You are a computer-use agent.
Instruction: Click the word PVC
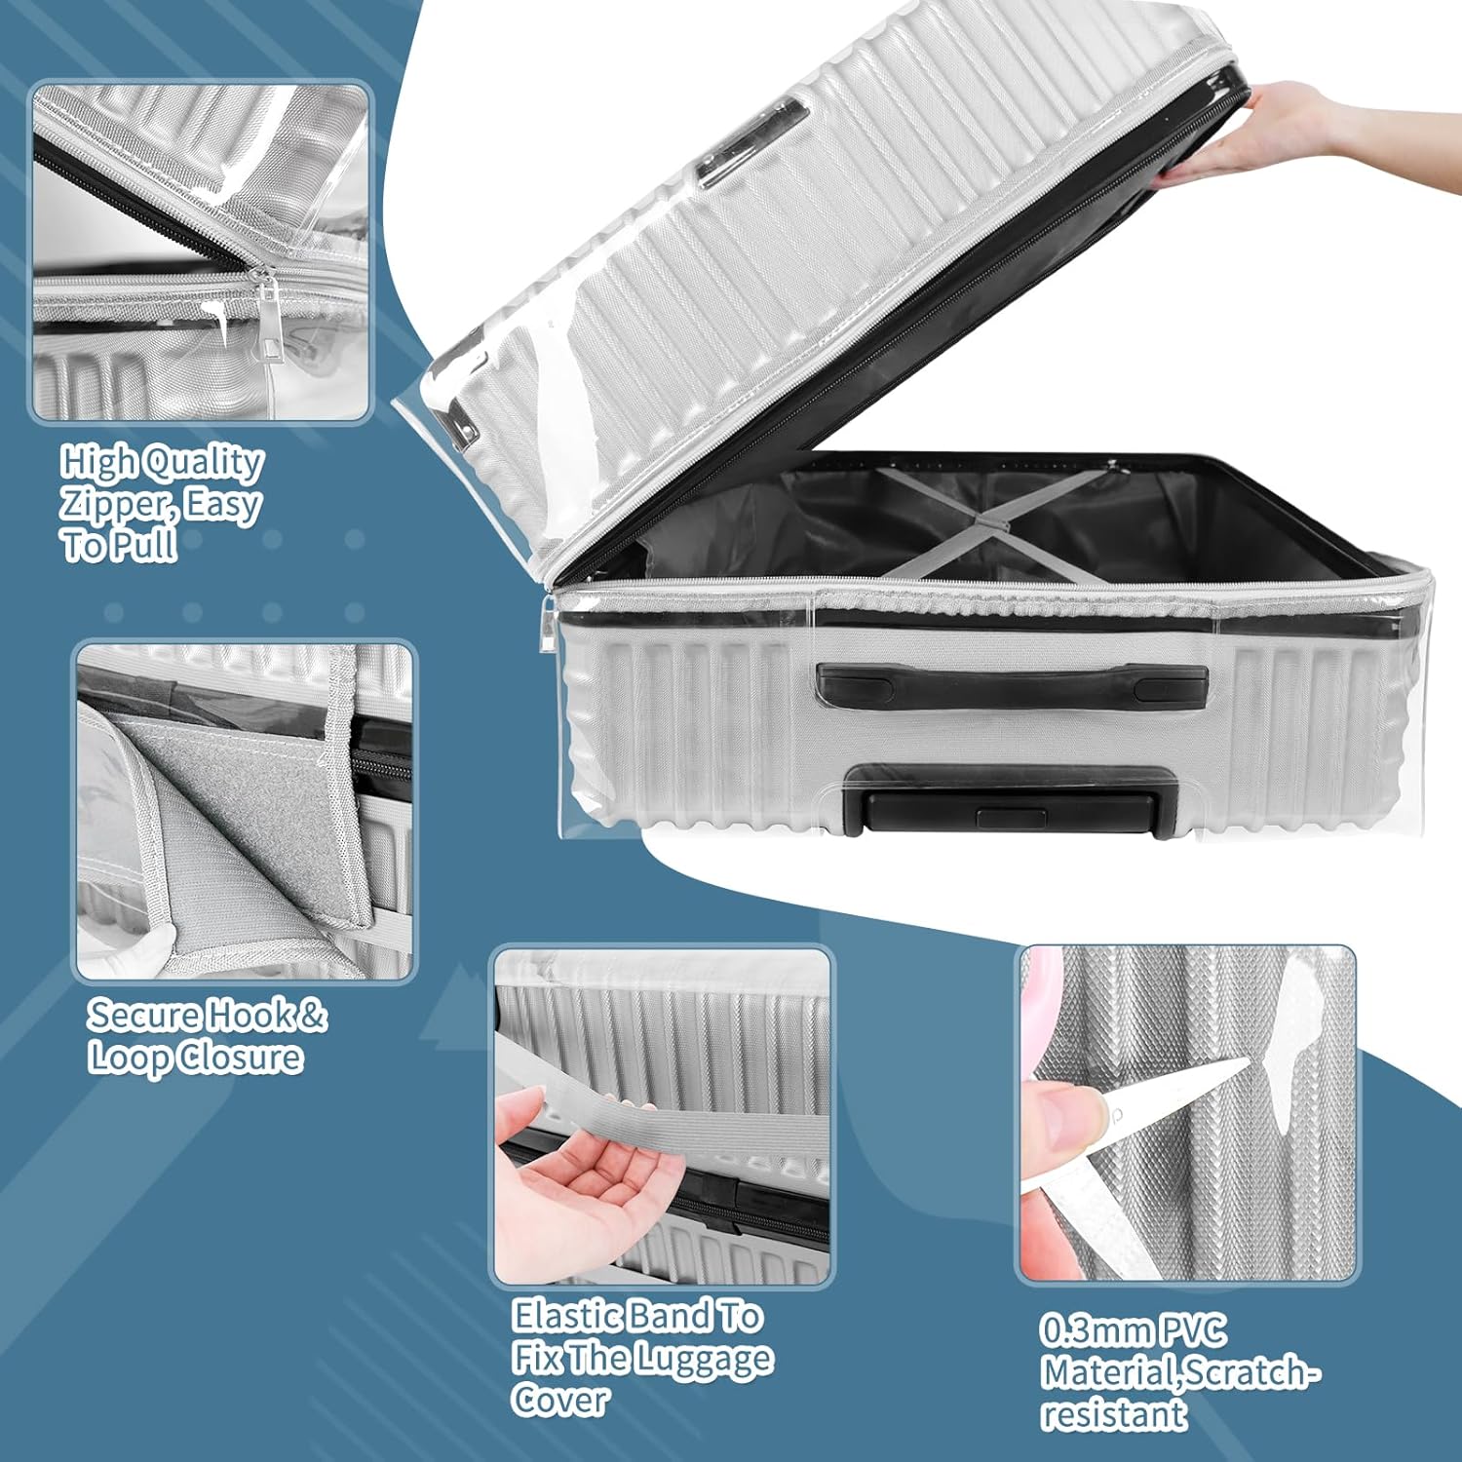click(1192, 1330)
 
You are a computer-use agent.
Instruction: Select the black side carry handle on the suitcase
click(1012, 685)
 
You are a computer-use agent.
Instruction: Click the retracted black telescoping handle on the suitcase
click(1011, 800)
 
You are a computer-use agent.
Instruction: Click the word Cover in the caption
click(560, 1401)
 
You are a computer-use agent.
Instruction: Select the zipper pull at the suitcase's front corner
click(548, 624)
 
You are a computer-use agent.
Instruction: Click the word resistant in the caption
click(1114, 1413)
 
